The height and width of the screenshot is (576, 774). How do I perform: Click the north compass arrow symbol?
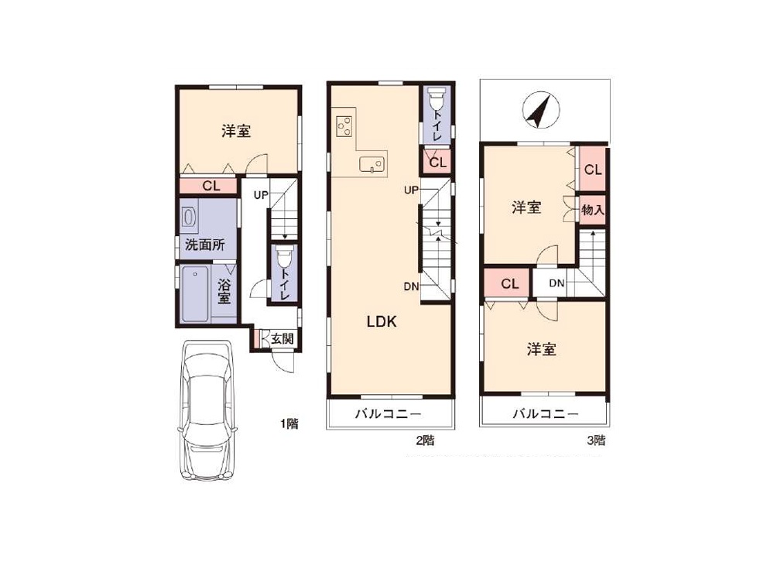pos(541,110)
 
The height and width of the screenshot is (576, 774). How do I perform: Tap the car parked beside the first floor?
pos(207,410)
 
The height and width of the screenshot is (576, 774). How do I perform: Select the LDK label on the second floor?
pos(382,322)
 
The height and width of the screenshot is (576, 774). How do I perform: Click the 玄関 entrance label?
pos(283,338)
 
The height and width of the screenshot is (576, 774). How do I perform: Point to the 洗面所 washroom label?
pos(205,245)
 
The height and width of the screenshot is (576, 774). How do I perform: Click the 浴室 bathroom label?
pos(224,291)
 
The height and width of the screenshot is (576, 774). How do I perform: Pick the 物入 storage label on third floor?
pos(592,210)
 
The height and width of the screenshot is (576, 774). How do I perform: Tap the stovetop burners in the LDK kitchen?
pos(344,126)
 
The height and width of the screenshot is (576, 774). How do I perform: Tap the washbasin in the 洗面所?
pos(189,218)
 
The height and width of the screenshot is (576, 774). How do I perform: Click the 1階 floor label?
pos(289,423)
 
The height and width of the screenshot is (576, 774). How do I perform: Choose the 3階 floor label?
pos(596,440)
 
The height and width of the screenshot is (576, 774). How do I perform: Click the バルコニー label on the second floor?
pos(389,413)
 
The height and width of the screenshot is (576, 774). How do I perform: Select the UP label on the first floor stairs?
pos(261,195)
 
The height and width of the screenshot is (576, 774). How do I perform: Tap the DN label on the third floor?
pos(557,283)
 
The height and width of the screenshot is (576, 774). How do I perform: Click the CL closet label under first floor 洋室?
pos(211,186)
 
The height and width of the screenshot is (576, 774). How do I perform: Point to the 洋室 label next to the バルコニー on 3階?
pos(542,349)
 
